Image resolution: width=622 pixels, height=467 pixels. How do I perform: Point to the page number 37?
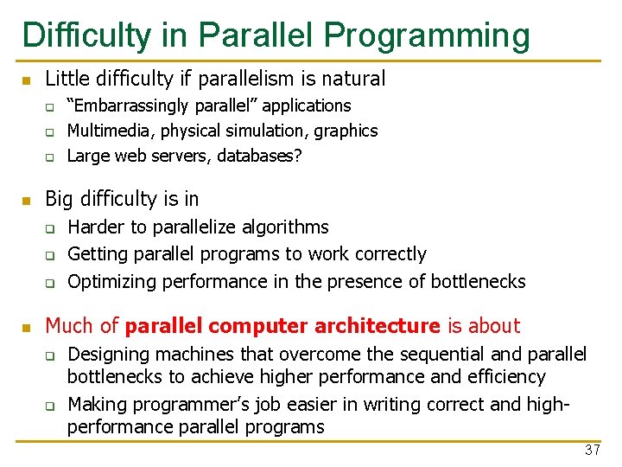click(x=592, y=450)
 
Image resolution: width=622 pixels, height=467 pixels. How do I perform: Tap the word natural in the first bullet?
click(x=353, y=80)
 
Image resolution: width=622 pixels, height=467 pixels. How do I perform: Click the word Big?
click(x=60, y=199)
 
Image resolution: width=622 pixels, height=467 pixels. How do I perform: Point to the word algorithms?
click(x=284, y=227)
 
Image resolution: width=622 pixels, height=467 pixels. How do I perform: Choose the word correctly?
click(x=387, y=254)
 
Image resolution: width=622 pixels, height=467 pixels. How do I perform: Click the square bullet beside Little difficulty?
click(x=26, y=80)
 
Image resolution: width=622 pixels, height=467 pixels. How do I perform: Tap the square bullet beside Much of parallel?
click(x=26, y=328)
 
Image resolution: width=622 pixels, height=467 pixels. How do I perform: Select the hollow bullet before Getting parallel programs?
click(x=50, y=256)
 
